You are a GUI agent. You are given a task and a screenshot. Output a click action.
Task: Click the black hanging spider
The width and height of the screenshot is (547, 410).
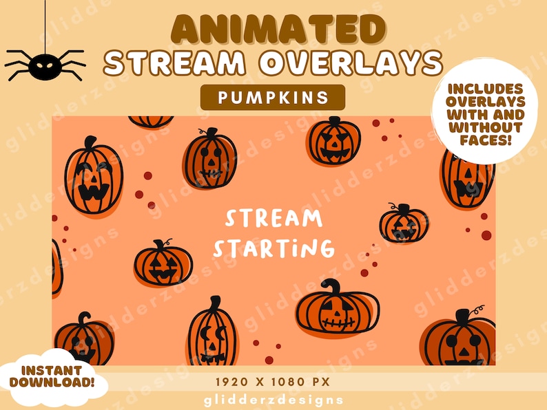45,66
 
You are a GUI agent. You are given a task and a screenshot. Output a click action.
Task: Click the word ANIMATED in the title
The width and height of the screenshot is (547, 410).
273,30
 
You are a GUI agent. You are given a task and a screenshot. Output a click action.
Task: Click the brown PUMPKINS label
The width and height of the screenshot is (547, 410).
273,98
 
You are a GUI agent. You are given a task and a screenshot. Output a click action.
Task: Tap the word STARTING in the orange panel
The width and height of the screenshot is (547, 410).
273,246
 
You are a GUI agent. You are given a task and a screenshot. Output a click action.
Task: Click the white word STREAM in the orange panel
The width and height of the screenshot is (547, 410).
273,219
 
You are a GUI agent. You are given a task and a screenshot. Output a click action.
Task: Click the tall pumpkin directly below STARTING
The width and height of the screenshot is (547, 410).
211,334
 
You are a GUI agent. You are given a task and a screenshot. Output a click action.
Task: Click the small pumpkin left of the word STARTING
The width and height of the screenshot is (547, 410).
163,262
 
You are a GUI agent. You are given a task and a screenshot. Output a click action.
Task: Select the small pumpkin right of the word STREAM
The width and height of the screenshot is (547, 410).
403,224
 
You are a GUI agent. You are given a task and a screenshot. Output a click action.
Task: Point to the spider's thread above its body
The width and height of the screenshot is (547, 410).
45,24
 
